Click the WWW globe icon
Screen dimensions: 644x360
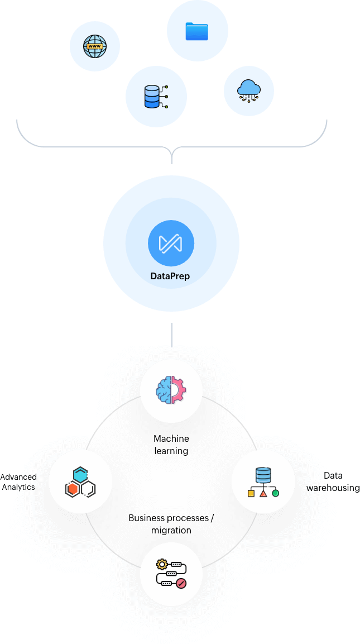click(x=94, y=46)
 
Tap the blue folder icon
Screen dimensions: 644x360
click(x=196, y=31)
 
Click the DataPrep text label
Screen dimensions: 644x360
click(x=170, y=276)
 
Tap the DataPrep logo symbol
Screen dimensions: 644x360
click(x=170, y=244)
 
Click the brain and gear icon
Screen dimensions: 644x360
click(x=171, y=389)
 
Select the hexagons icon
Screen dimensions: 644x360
click(x=80, y=482)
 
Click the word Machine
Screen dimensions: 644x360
click(x=171, y=439)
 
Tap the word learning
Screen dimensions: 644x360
click(x=171, y=451)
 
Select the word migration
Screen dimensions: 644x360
click(x=171, y=530)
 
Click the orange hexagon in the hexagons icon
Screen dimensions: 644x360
click(x=72, y=489)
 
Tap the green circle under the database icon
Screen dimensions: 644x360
click(x=275, y=493)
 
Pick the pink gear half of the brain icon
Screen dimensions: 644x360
click(x=178, y=389)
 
